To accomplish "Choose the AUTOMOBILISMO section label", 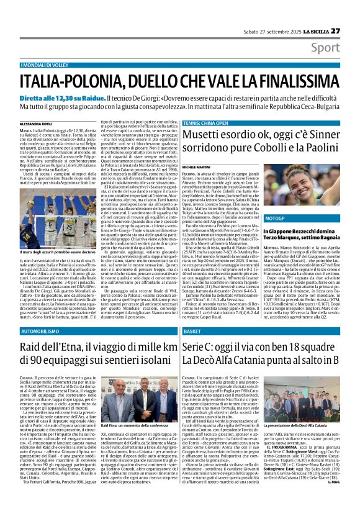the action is (x=41, y=332).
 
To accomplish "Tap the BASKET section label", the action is (x=193, y=332).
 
